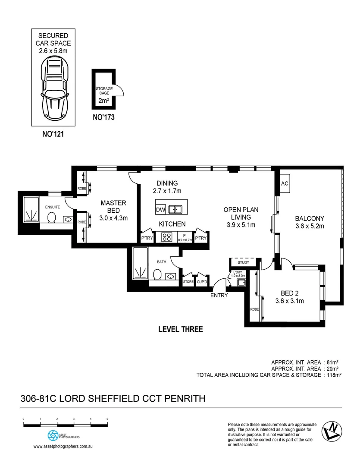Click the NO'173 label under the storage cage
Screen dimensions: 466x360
coord(104,117)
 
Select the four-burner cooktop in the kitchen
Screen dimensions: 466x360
coord(167,237)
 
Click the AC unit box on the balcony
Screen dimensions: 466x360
coord(285,183)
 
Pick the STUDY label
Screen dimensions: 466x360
coord(244,262)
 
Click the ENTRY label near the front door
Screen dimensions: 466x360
coord(219,296)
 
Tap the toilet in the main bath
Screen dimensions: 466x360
coord(157,274)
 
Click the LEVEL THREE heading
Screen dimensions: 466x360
coord(180,329)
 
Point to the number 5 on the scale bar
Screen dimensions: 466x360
coord(107,419)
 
